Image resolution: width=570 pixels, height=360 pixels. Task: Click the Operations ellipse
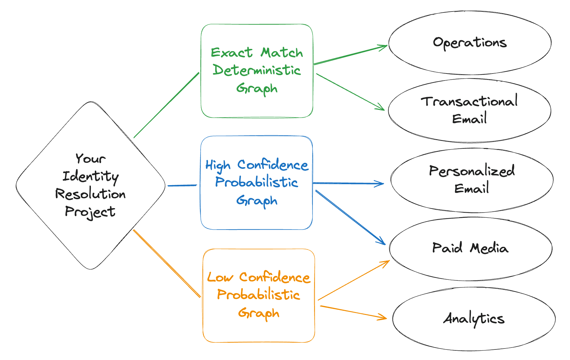(470, 43)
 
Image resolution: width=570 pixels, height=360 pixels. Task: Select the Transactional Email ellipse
(469, 110)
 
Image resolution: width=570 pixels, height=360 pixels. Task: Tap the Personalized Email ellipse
(472, 180)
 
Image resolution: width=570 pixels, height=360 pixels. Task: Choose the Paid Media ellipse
(470, 248)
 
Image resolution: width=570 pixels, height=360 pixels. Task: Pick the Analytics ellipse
(474, 318)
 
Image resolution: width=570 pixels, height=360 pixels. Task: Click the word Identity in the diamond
(91, 176)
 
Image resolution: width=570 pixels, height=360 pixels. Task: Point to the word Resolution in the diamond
(91, 194)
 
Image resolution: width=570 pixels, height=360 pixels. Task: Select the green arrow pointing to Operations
(350, 55)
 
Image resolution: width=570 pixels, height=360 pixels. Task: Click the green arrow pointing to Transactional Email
(350, 92)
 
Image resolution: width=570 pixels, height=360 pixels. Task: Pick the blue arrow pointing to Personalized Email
(348, 183)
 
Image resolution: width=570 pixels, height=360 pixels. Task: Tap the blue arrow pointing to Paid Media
(350, 217)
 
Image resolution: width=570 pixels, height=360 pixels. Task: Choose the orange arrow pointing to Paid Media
(353, 280)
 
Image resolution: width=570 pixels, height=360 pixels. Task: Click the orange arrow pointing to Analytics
(353, 312)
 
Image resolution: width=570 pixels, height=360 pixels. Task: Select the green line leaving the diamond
(166, 106)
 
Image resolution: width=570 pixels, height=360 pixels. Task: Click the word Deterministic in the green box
(257, 70)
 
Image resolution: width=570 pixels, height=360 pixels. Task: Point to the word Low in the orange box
(220, 277)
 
